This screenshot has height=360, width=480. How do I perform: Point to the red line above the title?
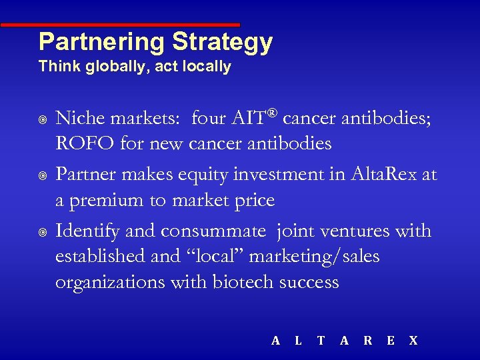click(x=120, y=25)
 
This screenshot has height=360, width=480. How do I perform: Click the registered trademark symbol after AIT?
click(x=272, y=113)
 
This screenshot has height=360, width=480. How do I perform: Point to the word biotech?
click(x=243, y=282)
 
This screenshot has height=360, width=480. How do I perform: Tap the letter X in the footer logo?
click(x=413, y=341)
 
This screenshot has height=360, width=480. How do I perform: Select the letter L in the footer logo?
click(x=298, y=341)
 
